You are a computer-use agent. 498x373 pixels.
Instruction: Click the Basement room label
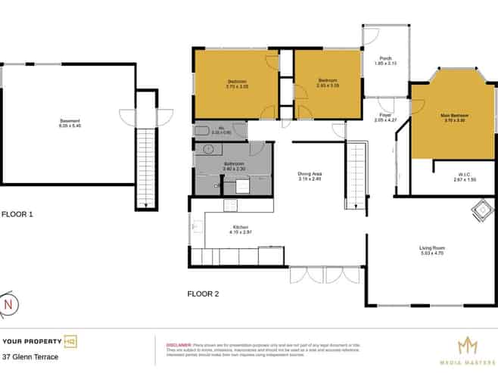[x=70, y=121]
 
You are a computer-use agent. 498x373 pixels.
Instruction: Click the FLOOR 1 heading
[x=17, y=214]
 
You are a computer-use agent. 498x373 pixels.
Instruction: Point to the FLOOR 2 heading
[x=203, y=294]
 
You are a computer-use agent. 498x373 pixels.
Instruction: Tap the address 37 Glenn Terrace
[x=30, y=356]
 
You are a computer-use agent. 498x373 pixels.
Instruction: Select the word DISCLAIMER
[x=178, y=344]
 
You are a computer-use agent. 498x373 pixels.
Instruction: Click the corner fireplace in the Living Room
[x=480, y=209]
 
